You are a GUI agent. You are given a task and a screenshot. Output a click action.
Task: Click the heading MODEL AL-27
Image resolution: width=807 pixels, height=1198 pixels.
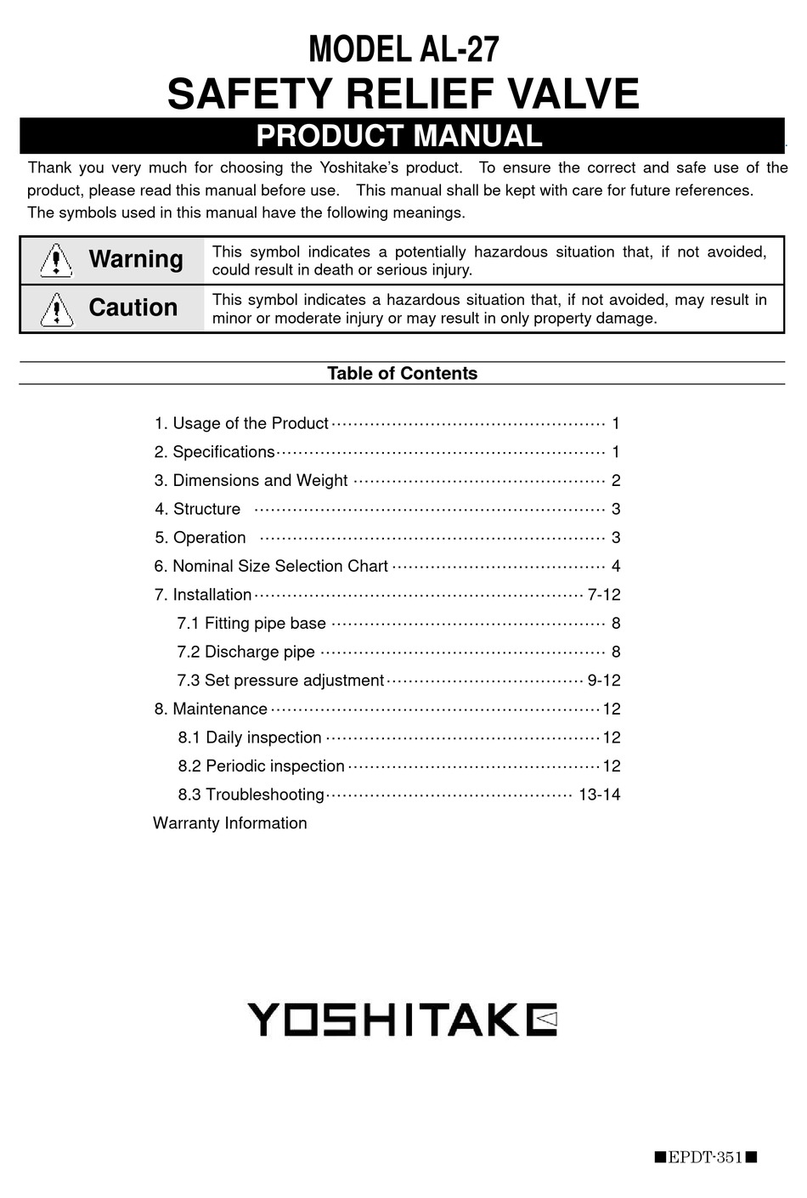point(403,50)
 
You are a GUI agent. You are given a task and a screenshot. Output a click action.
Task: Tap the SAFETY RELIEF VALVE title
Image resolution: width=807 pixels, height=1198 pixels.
point(403,93)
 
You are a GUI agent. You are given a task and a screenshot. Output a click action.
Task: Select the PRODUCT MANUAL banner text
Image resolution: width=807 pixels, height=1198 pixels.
point(399,136)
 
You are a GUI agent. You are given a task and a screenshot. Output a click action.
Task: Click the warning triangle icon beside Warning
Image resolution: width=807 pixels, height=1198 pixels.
point(56,260)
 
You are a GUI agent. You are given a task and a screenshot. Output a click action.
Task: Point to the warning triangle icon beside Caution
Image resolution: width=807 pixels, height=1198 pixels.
point(56,308)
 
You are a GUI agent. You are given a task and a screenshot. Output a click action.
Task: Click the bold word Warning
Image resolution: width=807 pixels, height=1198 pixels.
point(136,259)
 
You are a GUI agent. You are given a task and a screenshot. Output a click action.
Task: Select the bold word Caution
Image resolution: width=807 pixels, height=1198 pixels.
point(133,308)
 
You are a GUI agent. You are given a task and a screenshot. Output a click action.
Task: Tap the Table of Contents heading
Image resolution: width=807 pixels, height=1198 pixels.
point(402,373)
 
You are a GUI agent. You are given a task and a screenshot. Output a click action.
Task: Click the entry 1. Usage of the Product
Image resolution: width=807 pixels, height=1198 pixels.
point(241,423)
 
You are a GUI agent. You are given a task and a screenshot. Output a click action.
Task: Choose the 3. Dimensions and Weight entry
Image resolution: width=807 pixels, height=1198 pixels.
point(251,480)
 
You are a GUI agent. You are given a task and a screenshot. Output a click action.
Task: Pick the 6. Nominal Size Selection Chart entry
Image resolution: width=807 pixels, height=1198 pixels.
point(271,566)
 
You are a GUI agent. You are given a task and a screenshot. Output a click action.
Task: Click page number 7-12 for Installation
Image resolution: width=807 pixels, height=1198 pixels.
point(604,595)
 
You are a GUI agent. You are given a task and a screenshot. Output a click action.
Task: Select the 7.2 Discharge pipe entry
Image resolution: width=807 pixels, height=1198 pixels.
point(245,652)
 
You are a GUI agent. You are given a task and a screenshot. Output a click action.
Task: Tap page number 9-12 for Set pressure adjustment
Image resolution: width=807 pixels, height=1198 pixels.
point(604,681)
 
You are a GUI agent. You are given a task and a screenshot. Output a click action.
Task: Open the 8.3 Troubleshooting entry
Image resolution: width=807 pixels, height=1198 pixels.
point(251,794)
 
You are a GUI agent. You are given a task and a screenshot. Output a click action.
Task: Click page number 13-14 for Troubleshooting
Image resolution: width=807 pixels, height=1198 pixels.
point(599,794)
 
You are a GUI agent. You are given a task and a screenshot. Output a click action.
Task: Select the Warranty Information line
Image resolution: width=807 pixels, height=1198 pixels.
point(230,823)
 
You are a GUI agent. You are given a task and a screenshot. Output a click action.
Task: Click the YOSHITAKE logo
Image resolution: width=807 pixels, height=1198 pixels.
point(402,1019)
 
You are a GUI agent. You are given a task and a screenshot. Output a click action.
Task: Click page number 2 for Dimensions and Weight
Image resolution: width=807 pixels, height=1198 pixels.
point(616,480)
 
